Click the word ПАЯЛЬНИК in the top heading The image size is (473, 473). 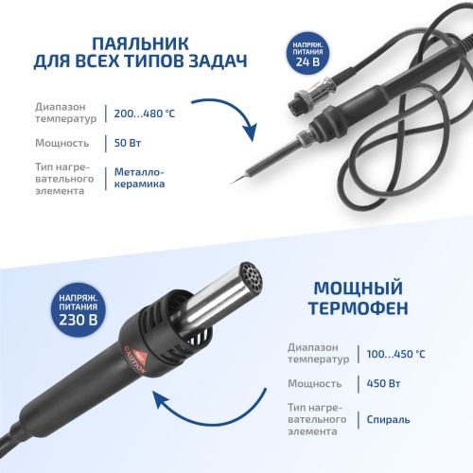[x=140, y=44]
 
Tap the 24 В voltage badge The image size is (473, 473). [x=307, y=53]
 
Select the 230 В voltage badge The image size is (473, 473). [x=79, y=309]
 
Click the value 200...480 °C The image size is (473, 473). [x=145, y=114]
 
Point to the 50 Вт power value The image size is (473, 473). [x=128, y=143]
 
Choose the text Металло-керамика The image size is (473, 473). [x=139, y=178]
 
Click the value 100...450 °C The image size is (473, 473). [x=395, y=354]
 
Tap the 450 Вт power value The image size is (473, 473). [x=383, y=383]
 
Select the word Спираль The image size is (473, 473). [x=388, y=420]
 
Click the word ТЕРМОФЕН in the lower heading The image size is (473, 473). [x=359, y=308]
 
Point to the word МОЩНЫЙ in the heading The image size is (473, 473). [x=359, y=289]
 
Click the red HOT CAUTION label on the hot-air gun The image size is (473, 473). [x=135, y=359]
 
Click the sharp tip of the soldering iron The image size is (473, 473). [x=231, y=184]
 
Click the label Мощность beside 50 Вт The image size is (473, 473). [x=62, y=143]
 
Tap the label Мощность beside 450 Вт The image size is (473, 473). [x=314, y=383]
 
